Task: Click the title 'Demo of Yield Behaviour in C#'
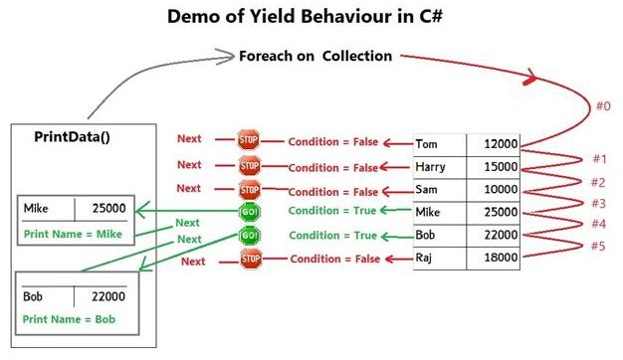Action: [311, 18]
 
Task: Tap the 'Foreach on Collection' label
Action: [315, 56]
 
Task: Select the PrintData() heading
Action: [72, 136]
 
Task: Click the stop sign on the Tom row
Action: [249, 140]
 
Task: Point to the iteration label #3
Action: [598, 203]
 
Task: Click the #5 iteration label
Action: [598, 246]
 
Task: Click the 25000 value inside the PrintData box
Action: [107, 210]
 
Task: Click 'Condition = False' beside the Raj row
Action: [330, 260]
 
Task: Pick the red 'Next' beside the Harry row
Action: [189, 165]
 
